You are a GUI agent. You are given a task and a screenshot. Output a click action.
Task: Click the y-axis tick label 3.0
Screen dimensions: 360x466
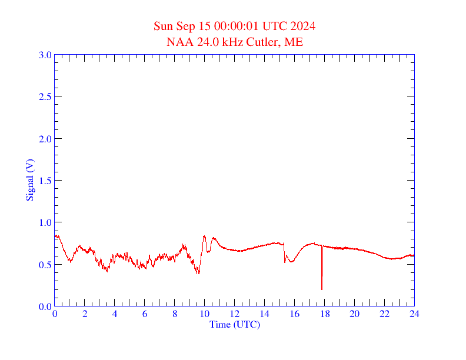click(x=45, y=55)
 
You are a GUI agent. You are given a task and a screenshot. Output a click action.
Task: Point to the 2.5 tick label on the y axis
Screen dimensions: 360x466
click(x=45, y=96)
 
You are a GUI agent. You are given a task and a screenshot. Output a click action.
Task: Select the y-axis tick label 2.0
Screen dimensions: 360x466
click(x=45, y=139)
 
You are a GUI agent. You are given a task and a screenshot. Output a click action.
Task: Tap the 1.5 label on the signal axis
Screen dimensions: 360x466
click(x=45, y=181)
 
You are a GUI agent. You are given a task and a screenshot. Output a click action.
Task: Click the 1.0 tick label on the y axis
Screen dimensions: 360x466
click(x=45, y=222)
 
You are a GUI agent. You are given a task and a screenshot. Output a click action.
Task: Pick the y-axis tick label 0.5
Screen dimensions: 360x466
click(x=45, y=265)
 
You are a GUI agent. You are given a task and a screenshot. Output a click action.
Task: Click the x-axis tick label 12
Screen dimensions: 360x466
click(x=235, y=314)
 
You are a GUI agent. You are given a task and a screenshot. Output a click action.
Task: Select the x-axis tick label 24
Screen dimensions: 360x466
click(x=414, y=314)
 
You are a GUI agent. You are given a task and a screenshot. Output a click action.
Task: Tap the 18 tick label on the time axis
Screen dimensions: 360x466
click(x=325, y=314)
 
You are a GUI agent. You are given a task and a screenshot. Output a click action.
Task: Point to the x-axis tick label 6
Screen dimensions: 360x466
click(x=145, y=314)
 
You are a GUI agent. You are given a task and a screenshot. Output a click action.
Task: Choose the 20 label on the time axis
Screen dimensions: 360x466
click(x=354, y=314)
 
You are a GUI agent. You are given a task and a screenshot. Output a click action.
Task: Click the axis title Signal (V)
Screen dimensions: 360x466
click(x=29, y=180)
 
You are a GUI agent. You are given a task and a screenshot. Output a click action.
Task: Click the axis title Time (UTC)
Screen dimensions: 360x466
click(x=235, y=324)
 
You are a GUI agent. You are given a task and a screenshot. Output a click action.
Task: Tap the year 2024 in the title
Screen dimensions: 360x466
click(x=303, y=26)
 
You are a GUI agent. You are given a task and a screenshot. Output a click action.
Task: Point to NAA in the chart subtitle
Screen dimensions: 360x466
click(x=179, y=42)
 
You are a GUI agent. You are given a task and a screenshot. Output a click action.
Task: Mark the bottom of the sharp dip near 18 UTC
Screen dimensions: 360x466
click(x=322, y=289)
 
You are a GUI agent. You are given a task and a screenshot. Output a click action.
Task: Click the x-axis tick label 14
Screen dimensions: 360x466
click(x=265, y=314)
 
